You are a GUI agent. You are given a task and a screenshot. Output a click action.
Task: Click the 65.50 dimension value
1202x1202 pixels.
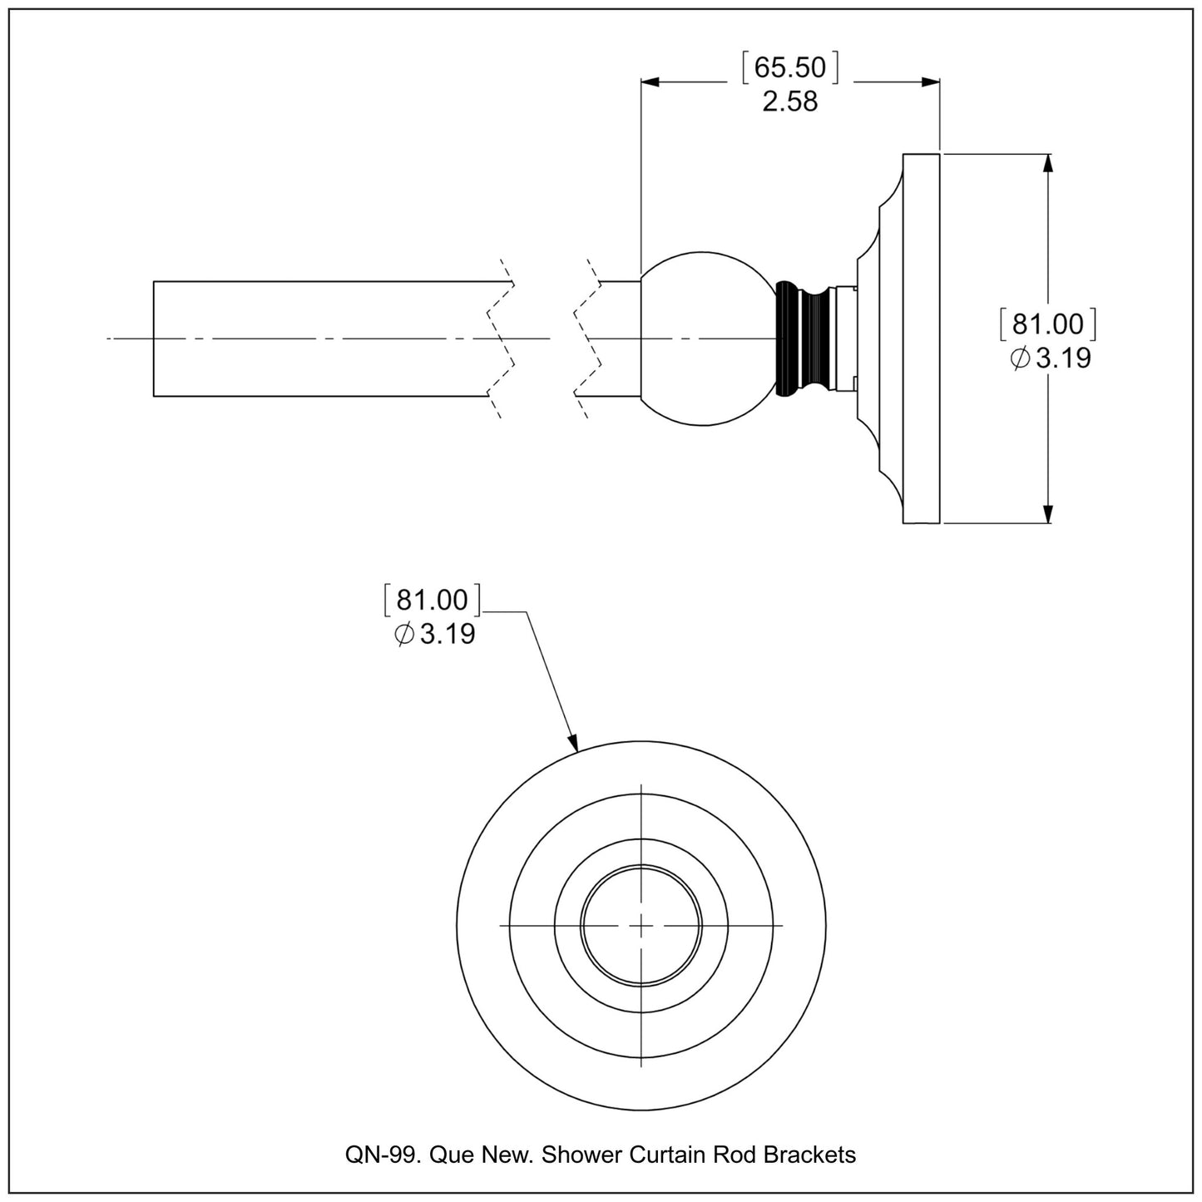click(790, 67)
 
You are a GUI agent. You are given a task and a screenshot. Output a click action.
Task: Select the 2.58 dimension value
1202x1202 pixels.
click(790, 102)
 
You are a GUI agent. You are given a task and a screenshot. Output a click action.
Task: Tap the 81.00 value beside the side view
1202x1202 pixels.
click(1048, 324)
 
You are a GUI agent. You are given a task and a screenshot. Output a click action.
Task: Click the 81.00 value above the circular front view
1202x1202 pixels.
click(433, 601)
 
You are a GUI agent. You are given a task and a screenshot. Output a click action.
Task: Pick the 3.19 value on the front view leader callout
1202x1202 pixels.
click(448, 635)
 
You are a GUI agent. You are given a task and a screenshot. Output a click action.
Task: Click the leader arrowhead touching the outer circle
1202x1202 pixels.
click(572, 743)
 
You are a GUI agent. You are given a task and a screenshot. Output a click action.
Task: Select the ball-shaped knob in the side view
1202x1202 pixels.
click(705, 339)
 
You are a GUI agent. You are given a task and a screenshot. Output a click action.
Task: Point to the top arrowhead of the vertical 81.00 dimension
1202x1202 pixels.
click(1048, 164)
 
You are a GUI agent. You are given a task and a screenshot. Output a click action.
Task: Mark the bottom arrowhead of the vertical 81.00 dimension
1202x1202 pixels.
click(1048, 513)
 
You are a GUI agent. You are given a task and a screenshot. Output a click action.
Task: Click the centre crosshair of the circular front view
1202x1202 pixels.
click(641, 925)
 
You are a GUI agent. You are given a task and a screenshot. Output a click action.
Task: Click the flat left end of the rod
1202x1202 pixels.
click(155, 339)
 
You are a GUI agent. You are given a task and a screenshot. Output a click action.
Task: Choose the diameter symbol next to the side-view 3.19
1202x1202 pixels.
click(1019, 359)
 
